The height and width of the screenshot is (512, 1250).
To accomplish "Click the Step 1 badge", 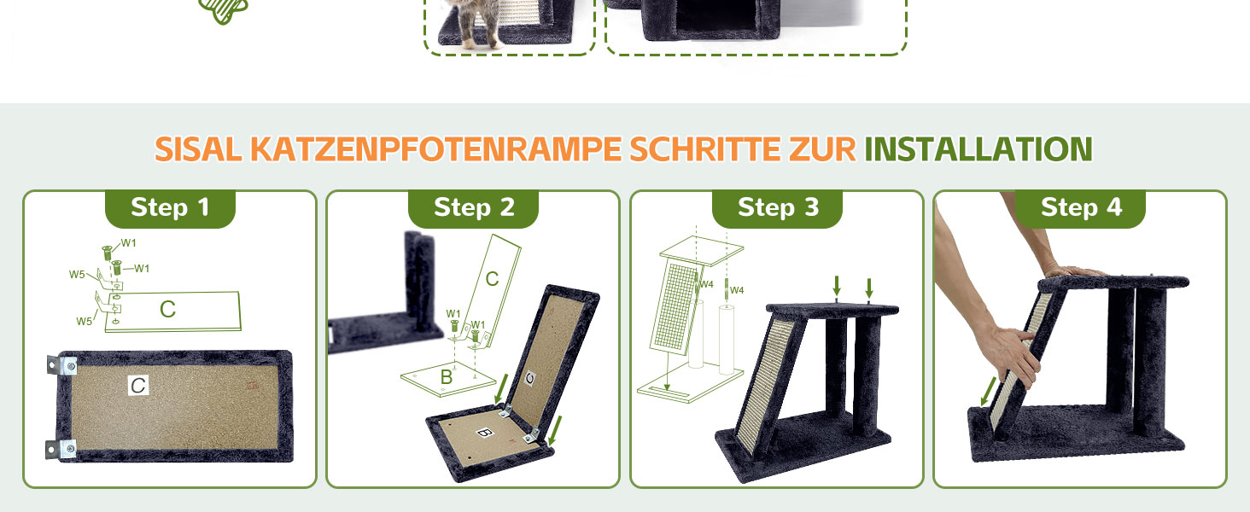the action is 170,208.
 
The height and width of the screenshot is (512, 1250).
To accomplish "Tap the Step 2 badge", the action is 473,208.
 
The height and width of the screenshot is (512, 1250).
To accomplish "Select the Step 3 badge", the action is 777,208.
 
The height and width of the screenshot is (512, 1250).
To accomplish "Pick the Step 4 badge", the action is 1080,208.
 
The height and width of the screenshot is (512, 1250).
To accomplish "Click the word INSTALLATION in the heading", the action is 978,149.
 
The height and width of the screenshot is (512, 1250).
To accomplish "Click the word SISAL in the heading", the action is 198,149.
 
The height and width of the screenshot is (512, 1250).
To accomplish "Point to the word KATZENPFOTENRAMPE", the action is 435,149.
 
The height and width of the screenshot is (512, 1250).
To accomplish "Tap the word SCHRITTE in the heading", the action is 704,149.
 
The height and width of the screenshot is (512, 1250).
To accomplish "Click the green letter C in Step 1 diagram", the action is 167,309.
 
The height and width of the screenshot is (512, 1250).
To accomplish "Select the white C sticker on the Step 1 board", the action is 138,386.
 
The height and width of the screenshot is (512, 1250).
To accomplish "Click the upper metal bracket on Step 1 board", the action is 62,366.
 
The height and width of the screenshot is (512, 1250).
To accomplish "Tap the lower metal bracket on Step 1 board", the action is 61,449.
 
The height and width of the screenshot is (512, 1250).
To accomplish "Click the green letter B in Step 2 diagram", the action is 446,377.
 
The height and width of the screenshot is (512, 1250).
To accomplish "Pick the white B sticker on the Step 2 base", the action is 484,433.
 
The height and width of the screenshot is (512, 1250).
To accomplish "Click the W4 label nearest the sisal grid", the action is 706,284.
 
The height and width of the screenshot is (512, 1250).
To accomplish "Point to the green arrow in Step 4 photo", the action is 988,392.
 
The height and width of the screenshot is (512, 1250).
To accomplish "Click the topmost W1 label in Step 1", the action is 128,242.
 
